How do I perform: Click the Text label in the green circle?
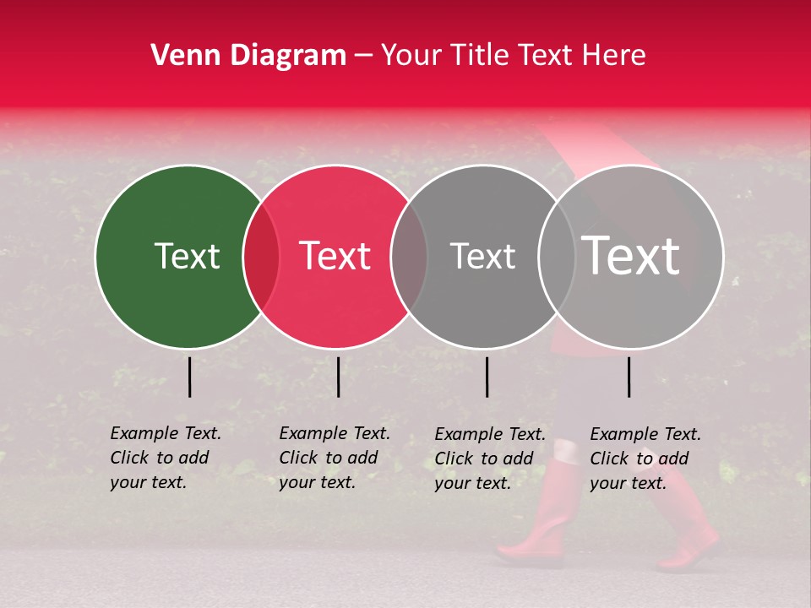187,256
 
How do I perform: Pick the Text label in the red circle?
335,256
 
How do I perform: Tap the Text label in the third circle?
482,256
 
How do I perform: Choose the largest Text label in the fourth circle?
631,256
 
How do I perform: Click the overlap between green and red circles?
261,257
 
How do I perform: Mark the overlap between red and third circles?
409,257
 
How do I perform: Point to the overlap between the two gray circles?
557,257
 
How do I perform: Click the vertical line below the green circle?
189,377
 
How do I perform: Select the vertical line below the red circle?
338,377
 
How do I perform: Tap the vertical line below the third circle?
487,377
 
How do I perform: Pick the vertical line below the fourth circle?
629,377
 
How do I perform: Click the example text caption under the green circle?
166,458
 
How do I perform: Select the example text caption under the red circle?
335,458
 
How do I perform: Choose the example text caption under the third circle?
490,459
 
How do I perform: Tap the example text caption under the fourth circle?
645,459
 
